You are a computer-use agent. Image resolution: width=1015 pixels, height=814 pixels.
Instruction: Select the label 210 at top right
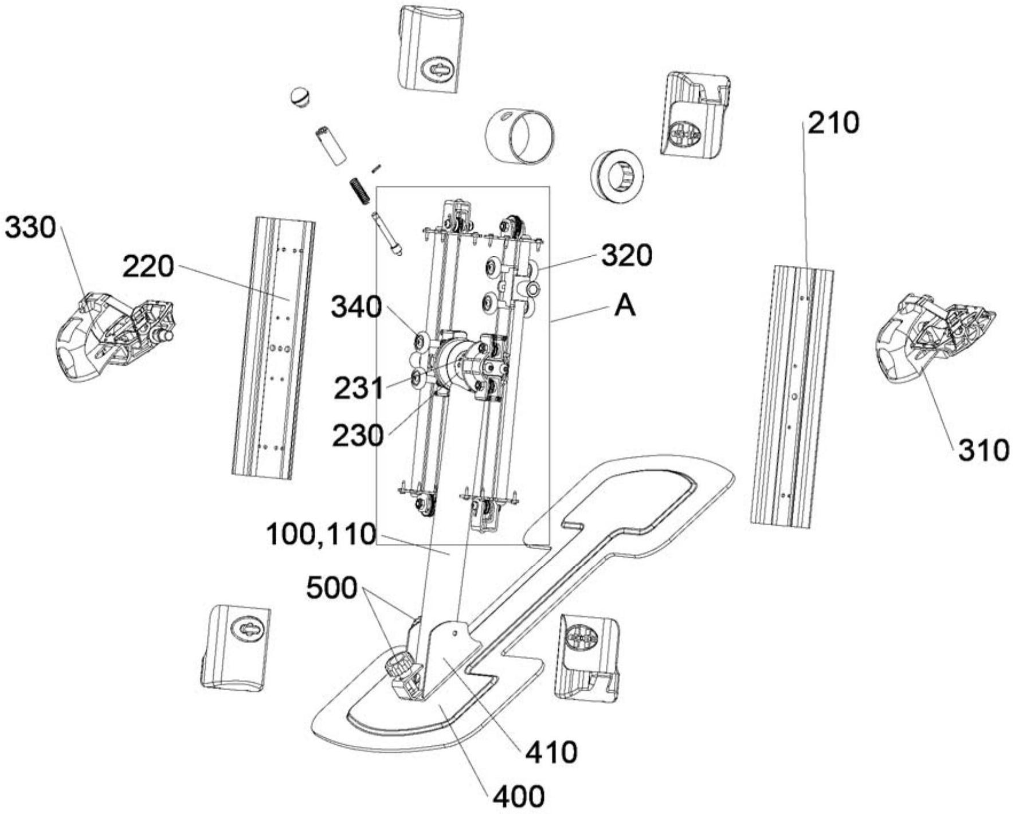834,123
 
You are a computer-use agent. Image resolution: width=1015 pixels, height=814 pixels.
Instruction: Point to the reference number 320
626,256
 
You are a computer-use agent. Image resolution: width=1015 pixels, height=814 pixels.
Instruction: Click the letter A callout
625,307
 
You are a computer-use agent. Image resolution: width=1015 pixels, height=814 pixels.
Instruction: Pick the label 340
356,308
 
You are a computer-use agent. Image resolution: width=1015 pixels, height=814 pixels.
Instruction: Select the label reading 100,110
321,535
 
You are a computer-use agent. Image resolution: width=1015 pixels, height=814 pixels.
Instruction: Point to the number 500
332,589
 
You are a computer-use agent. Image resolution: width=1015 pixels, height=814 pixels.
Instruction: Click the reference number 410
551,752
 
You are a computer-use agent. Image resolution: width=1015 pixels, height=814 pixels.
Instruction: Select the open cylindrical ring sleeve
520,136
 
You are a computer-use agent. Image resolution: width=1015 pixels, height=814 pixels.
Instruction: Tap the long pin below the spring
387,234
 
